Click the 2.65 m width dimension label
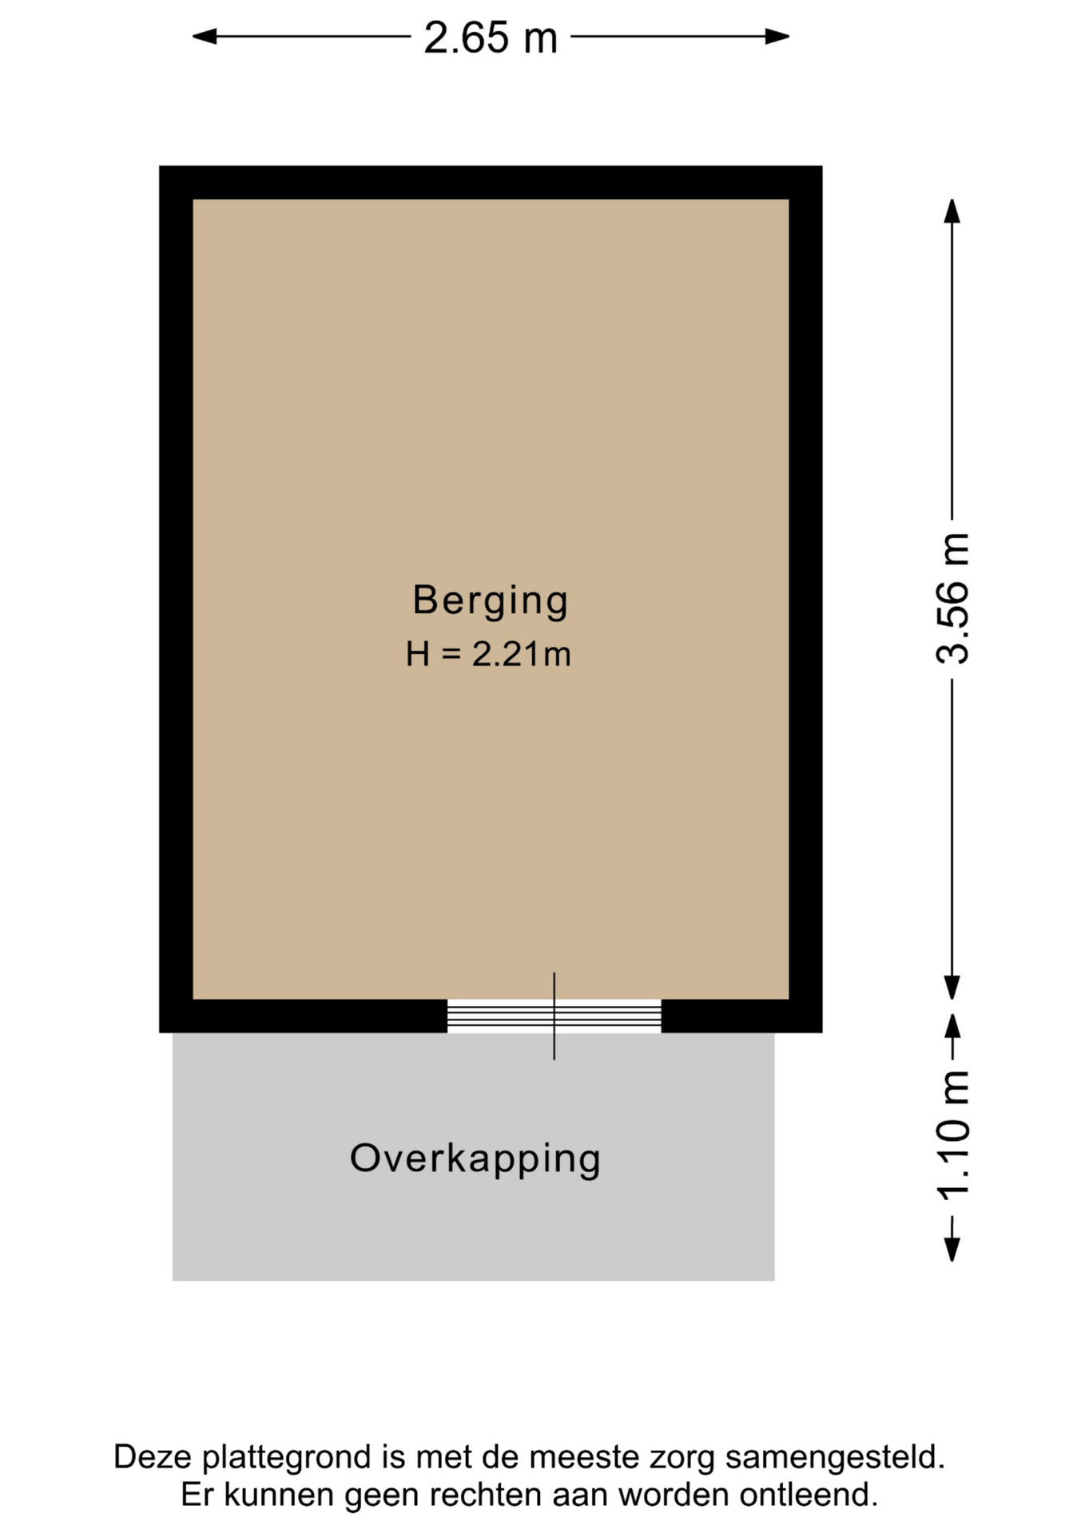[x=490, y=38]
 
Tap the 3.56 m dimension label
[x=952, y=598]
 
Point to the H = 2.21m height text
[x=488, y=655]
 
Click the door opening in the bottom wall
[x=554, y=1016]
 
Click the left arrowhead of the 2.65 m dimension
[x=205, y=36]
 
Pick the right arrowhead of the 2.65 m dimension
[x=777, y=36]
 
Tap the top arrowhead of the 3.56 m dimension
[x=952, y=211]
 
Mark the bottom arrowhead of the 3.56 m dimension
[x=952, y=988]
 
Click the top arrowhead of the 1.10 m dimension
[x=952, y=1027]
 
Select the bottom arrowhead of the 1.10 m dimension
[x=952, y=1249]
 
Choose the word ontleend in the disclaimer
[x=809, y=1495]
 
